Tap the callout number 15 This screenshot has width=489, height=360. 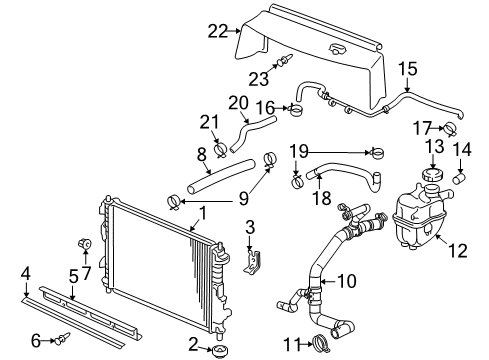[x=406, y=69]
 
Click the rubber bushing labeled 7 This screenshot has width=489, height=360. [x=84, y=245]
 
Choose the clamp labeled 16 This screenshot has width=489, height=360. [x=296, y=108]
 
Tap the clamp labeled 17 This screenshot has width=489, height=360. [x=447, y=128]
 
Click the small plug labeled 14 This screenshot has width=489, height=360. [x=462, y=177]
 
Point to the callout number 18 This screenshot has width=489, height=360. [x=322, y=198]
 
